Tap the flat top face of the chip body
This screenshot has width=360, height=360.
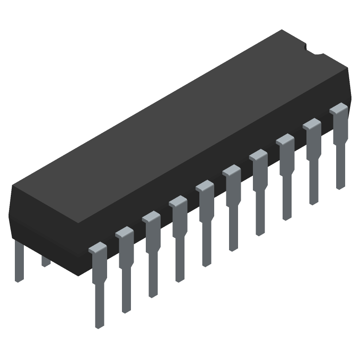click(180, 126)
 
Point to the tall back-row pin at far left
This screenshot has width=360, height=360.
click(18, 261)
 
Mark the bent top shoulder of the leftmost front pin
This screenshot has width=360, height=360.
click(97, 248)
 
